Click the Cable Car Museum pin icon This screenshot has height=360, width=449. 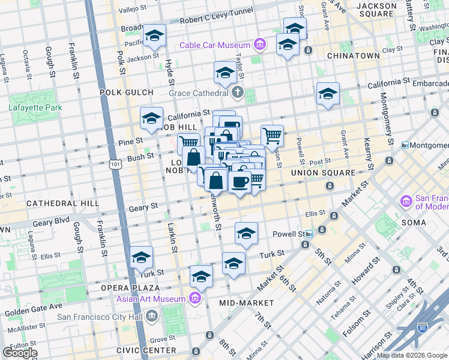(x=259, y=44)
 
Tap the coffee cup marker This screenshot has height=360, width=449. (x=240, y=181)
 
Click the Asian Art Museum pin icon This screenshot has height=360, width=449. (x=194, y=298)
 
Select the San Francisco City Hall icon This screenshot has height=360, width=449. (x=151, y=316)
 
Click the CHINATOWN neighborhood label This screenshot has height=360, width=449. (x=353, y=56)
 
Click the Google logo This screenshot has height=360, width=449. (x=19, y=353)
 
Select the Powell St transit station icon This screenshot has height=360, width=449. (x=309, y=234)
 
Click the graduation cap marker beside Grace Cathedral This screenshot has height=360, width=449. (x=225, y=73)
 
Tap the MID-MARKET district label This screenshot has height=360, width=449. (x=247, y=303)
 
